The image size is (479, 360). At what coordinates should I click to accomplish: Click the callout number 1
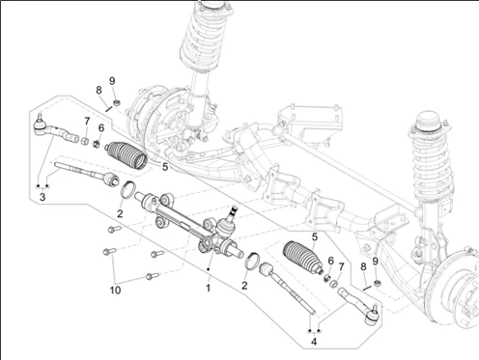pyautogui.click(x=209, y=288)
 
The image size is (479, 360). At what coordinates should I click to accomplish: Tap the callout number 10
pyautogui.click(x=115, y=291)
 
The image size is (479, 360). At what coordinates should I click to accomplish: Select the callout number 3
pyautogui.click(x=42, y=197)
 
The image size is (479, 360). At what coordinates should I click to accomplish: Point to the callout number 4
pyautogui.click(x=314, y=342)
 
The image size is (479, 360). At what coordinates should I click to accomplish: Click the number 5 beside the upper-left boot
pyautogui.click(x=165, y=167)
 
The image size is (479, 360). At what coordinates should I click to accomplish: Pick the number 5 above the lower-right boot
pyautogui.click(x=315, y=236)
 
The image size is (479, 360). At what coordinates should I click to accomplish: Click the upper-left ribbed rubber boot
pyautogui.click(x=127, y=155)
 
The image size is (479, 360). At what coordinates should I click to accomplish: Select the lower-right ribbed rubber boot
pyautogui.click(x=303, y=257)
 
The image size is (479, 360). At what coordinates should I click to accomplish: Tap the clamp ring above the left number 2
pyautogui.click(x=127, y=189)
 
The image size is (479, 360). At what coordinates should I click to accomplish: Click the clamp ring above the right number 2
pyautogui.click(x=252, y=261)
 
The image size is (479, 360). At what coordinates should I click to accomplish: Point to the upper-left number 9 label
pyautogui.click(x=112, y=81)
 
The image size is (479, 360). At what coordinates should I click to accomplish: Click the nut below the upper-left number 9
pyautogui.click(x=117, y=103)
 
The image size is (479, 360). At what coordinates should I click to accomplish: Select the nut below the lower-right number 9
pyautogui.click(x=376, y=283)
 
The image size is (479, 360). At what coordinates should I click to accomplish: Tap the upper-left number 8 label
pyautogui.click(x=99, y=90)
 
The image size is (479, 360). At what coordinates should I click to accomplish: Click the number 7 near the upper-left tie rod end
pyautogui.click(x=87, y=122)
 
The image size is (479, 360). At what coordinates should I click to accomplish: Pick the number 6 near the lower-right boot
pyautogui.click(x=330, y=261)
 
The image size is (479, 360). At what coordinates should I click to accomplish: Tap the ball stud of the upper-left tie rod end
pyautogui.click(x=40, y=116)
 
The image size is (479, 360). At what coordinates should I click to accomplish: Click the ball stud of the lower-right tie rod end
pyautogui.click(x=375, y=308)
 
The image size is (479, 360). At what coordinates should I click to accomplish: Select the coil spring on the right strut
pyautogui.click(x=432, y=162)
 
